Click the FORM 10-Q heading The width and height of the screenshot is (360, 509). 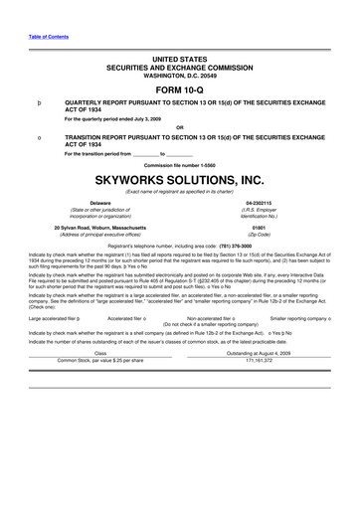pos(179,85)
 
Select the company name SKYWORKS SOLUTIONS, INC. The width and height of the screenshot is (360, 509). pos(179,180)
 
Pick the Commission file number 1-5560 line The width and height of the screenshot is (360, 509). pos(179,164)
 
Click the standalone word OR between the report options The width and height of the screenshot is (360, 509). pos(179,127)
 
